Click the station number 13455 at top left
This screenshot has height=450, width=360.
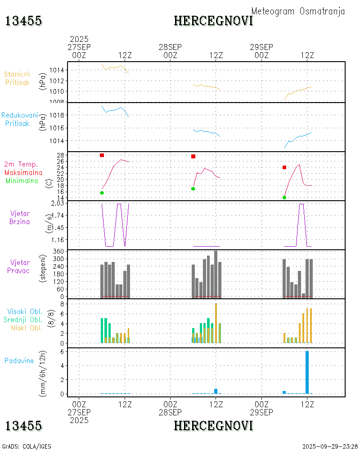pyautogui.click(x=24, y=21)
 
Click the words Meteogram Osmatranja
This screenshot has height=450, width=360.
pyautogui.click(x=298, y=11)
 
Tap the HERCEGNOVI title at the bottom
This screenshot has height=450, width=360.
pyautogui.click(x=213, y=425)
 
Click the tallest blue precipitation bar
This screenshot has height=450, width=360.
pyautogui.click(x=307, y=372)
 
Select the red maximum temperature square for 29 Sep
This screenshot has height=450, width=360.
pyautogui.click(x=284, y=167)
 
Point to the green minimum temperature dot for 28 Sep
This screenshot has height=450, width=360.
pyautogui.click(x=193, y=189)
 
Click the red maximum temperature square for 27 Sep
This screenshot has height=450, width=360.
pyautogui.click(x=102, y=155)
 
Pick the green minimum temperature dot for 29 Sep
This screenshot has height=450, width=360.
pyautogui.click(x=284, y=198)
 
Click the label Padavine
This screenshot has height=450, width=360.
pyautogui.click(x=19, y=360)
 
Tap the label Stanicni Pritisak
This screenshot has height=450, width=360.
pyautogui.click(x=17, y=78)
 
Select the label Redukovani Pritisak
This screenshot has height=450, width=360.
pyautogui.click(x=19, y=119)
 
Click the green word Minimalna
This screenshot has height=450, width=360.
pyautogui.click(x=22, y=180)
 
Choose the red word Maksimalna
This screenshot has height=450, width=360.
pyautogui.click(x=23, y=172)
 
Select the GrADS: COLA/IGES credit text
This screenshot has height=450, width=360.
pyautogui.click(x=27, y=446)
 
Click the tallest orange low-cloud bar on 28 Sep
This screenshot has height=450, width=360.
pyautogui.click(x=216, y=323)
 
